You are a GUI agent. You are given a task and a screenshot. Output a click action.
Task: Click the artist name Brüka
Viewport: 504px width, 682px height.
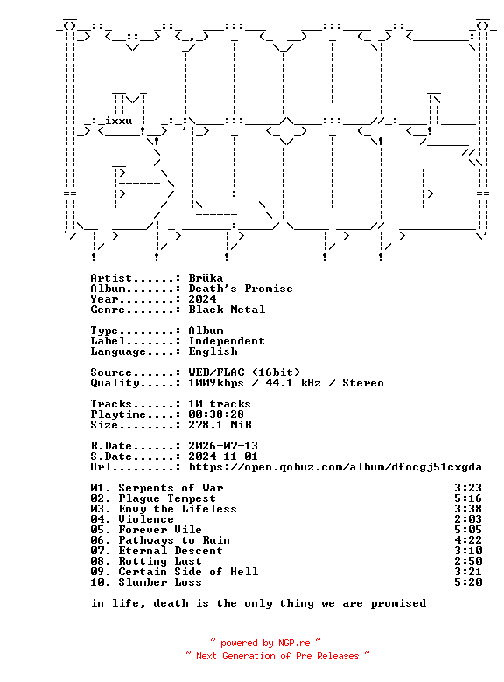206,278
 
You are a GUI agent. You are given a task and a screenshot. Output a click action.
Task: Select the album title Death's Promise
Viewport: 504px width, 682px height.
241,289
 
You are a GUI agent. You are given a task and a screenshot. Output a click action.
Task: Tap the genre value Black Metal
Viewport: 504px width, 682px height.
227,310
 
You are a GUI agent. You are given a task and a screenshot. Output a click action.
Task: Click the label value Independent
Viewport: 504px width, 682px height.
227,341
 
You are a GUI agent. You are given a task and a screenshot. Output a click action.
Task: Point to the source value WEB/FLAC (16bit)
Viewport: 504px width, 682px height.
244,372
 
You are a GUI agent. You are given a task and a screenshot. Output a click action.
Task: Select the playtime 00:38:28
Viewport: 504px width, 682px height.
216,414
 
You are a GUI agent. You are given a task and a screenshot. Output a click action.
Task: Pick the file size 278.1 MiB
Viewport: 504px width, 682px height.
220,425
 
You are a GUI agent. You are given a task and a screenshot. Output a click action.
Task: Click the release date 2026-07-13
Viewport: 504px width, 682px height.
223,446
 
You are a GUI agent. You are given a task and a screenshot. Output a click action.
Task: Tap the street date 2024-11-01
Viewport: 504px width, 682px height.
223,456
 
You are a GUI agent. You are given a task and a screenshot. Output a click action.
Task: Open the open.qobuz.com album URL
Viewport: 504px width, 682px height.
335,467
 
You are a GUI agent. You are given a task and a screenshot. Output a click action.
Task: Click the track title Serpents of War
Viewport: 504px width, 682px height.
171,488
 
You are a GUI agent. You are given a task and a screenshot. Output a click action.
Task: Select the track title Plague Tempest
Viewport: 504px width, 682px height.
167,498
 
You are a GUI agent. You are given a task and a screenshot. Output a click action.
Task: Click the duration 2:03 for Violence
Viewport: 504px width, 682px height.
468,519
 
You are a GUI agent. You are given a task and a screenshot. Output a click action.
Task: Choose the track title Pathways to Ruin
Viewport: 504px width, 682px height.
174,540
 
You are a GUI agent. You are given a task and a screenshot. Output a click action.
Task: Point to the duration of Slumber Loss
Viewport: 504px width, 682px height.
468,582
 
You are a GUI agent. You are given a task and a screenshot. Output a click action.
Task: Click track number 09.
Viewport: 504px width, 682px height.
97,572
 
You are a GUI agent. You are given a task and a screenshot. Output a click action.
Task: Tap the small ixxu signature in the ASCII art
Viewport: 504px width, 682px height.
118,121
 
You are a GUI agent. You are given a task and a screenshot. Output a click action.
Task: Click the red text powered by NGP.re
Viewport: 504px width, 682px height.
265,643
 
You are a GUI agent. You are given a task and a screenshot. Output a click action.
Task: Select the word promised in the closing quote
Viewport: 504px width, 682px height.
398,603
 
